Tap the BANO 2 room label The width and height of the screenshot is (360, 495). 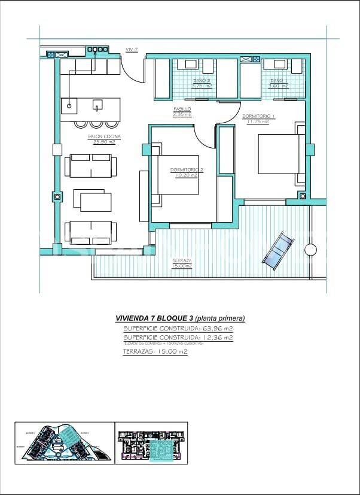(202, 83)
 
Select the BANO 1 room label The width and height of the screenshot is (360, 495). (278, 83)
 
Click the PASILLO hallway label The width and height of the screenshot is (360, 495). (182, 111)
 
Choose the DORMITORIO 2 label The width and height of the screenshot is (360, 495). (187, 172)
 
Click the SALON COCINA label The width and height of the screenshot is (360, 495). (104, 139)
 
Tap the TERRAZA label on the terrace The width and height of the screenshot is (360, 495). (182, 263)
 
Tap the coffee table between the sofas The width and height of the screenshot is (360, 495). (92, 202)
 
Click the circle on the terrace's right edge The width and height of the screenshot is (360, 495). (310, 250)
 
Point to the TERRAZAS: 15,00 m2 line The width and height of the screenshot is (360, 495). (155, 352)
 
